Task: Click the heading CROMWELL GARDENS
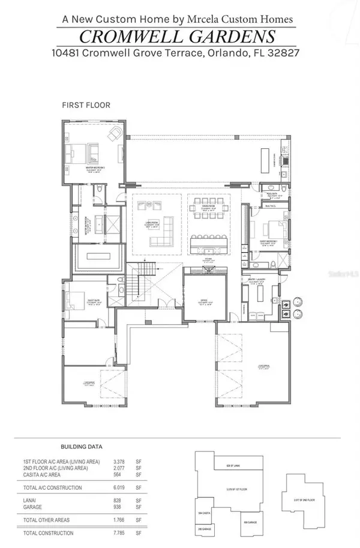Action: pyautogui.click(x=179, y=35)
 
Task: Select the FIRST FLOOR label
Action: pyautogui.click(x=86, y=104)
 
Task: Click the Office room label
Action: pyautogui.click(x=203, y=303)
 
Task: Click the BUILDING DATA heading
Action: pyautogui.click(x=82, y=447)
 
